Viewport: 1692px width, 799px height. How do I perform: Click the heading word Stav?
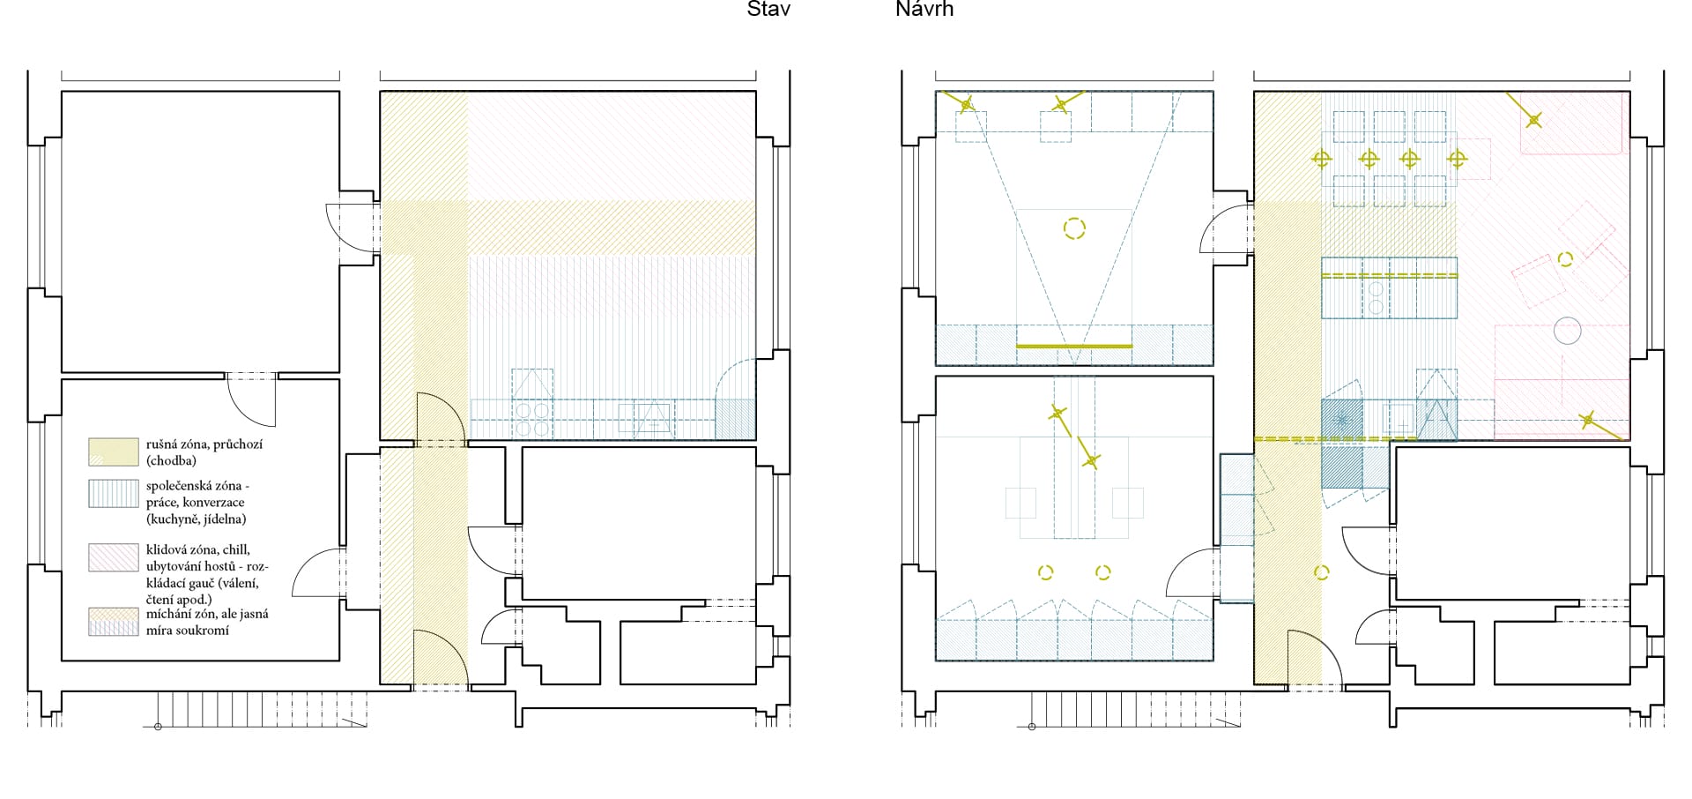(768, 9)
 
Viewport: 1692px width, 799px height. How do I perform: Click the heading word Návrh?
(924, 9)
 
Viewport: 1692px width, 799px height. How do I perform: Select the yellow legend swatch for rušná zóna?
(114, 452)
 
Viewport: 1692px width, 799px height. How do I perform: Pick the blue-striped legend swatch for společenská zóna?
(114, 493)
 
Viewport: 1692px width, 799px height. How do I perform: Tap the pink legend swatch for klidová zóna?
(114, 557)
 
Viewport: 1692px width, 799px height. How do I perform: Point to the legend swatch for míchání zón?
(114, 622)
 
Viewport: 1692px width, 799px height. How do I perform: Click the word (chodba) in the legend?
(171, 461)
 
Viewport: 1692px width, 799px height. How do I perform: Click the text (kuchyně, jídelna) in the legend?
(196, 519)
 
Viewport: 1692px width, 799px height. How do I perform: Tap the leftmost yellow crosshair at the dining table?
(1321, 160)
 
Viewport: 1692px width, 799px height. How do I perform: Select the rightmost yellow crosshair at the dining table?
(1457, 160)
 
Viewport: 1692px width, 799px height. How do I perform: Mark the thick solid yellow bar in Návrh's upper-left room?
(1074, 346)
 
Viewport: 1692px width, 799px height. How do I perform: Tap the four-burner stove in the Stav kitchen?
(532, 419)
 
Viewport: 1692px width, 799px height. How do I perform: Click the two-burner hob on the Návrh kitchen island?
(1376, 297)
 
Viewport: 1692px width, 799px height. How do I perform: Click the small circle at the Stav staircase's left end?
(158, 727)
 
